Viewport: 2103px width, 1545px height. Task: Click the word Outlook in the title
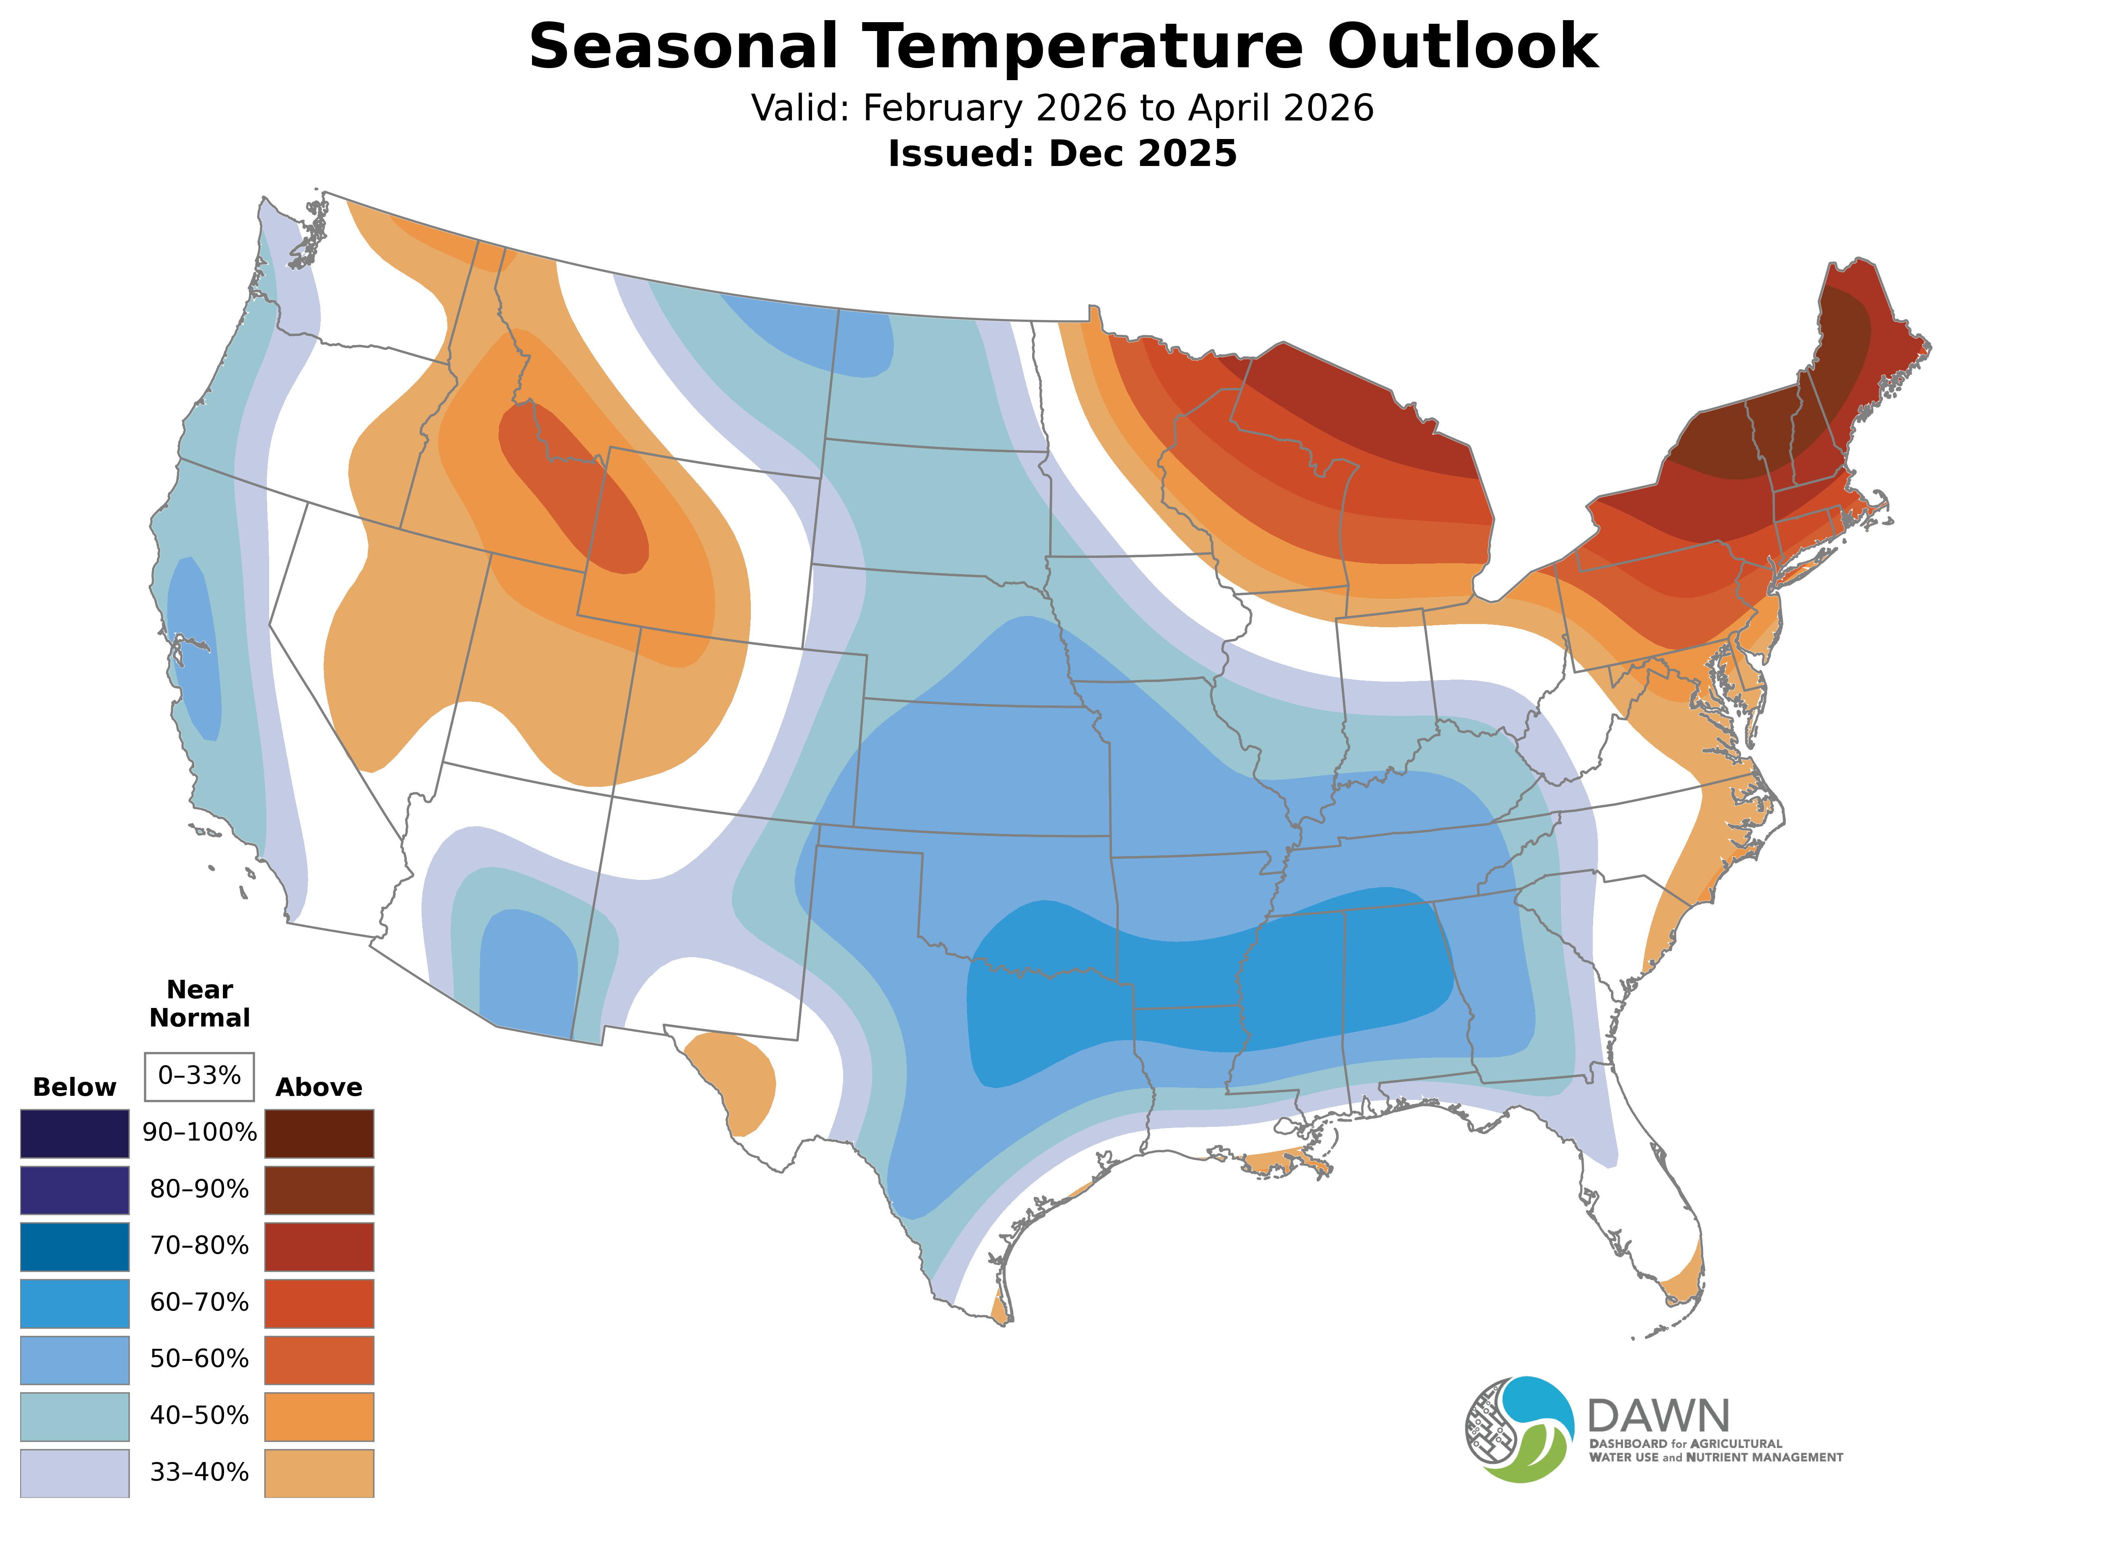tap(1462, 47)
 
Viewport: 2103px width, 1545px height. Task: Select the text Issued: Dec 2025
tap(1062, 153)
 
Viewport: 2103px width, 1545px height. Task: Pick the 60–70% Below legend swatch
tap(75, 1303)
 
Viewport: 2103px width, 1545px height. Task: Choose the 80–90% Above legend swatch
tap(319, 1190)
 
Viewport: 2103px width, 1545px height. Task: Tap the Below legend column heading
tap(75, 1088)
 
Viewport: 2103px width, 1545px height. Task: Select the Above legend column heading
tap(319, 1088)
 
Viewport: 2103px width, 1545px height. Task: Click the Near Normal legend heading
tap(199, 1004)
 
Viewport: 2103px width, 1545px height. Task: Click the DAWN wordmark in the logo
tap(1658, 1417)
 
